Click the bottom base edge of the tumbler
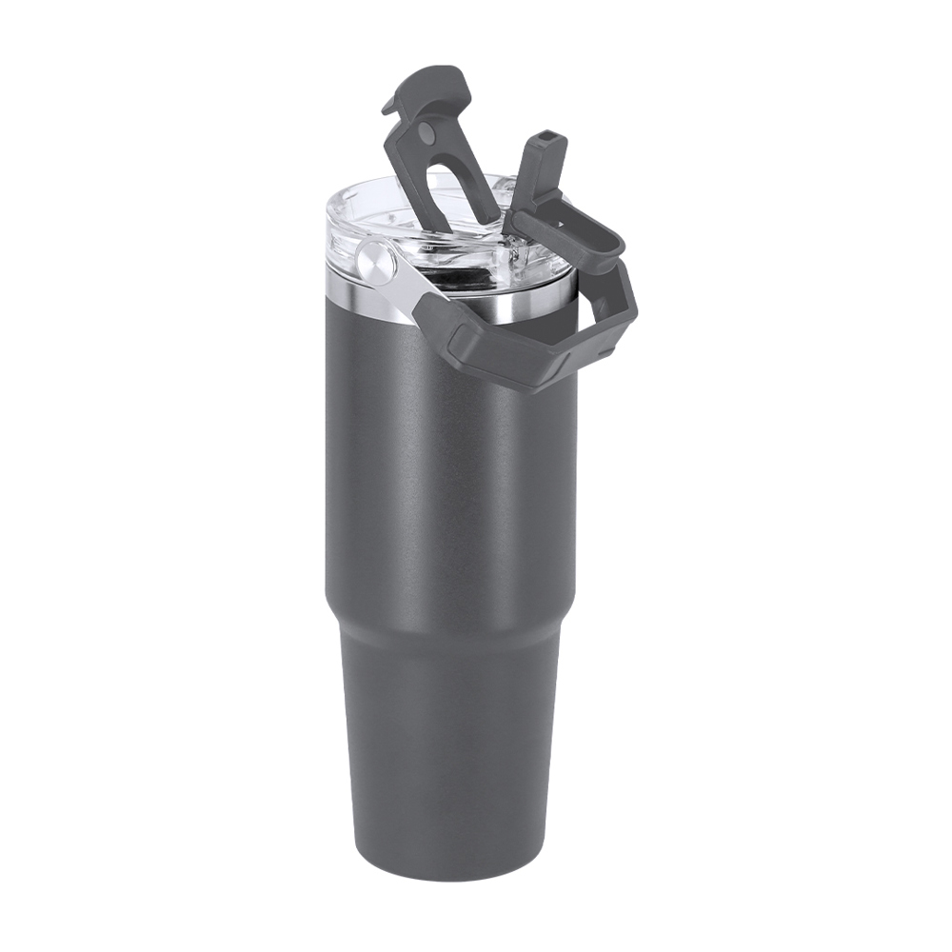coord(447,874)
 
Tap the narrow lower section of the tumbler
coord(447,752)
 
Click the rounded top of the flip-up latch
coord(438,78)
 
